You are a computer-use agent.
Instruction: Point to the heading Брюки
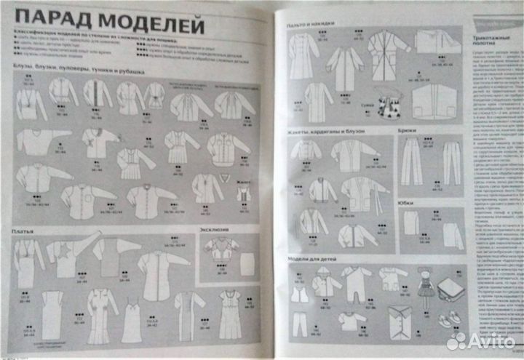click(408, 132)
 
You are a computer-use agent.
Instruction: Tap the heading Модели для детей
click(314, 259)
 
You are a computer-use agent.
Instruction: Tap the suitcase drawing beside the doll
click(450, 289)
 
